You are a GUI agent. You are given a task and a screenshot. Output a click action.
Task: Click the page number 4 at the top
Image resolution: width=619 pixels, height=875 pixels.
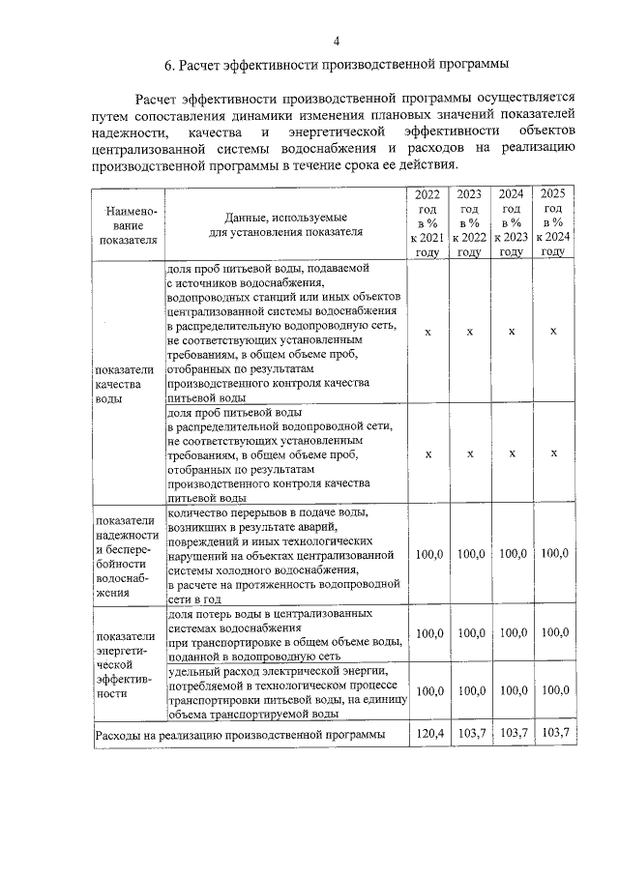(x=337, y=40)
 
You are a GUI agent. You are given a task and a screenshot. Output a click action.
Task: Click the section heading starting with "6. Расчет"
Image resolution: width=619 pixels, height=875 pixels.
(x=337, y=66)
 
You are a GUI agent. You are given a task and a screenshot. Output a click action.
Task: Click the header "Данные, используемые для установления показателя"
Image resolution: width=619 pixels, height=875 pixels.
(x=286, y=224)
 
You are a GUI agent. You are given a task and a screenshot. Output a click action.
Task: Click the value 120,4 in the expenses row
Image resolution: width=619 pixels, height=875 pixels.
(x=428, y=734)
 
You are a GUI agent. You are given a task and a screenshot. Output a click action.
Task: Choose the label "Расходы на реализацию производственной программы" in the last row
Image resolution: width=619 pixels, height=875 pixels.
(x=239, y=736)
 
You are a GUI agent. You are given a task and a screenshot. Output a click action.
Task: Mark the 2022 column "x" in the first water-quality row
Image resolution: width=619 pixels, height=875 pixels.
(x=428, y=331)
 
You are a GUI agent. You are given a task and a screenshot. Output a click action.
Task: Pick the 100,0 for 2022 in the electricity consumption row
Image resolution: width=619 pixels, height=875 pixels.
(x=428, y=690)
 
